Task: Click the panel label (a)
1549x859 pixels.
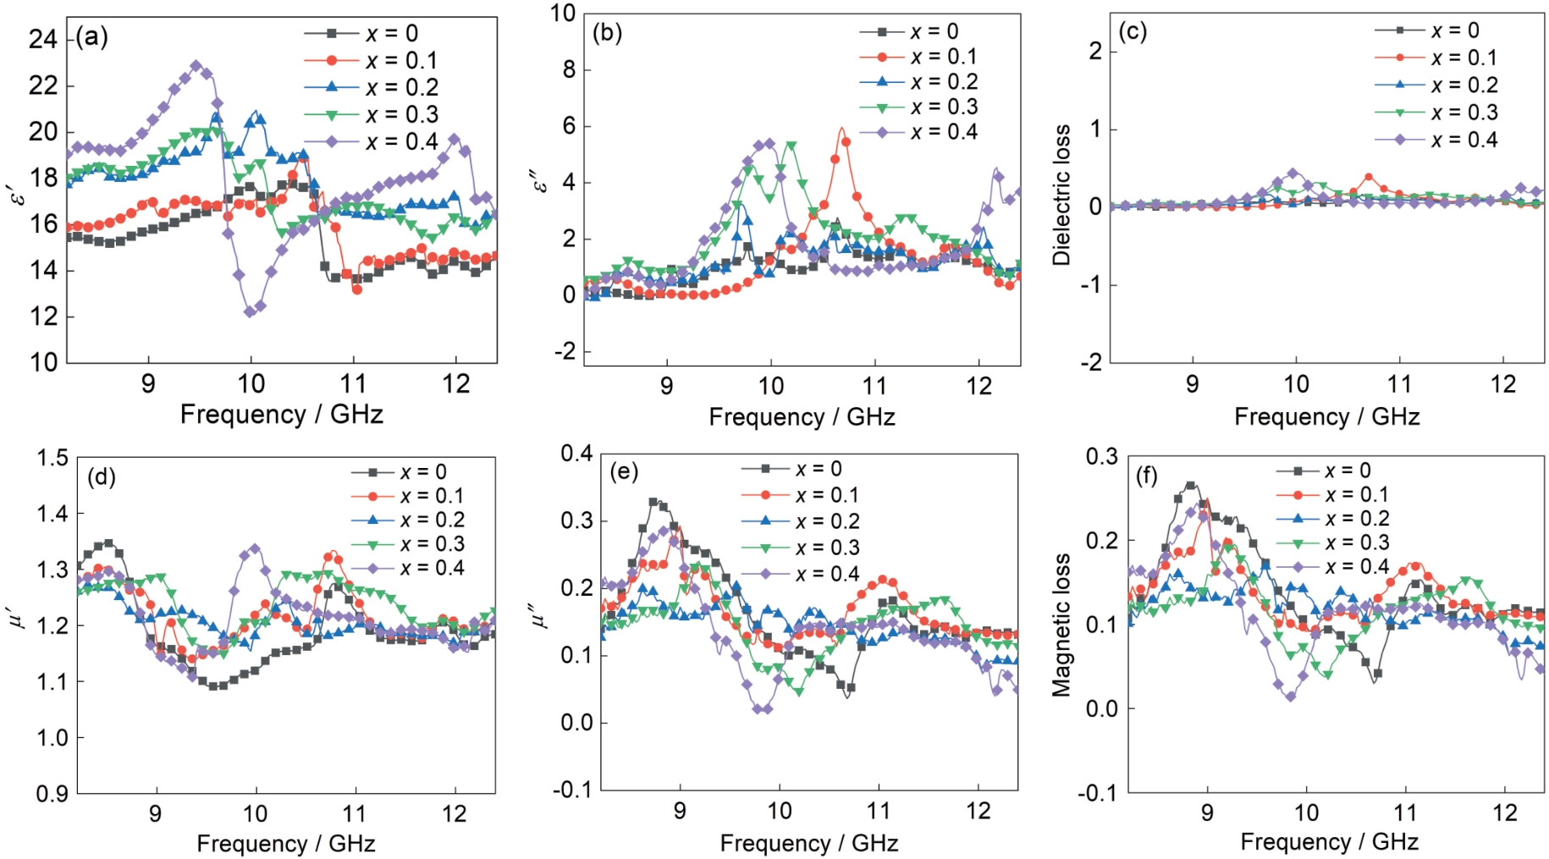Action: tap(91, 36)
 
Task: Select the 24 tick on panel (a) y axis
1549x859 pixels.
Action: tap(43, 39)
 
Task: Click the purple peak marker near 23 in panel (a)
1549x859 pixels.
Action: tap(196, 65)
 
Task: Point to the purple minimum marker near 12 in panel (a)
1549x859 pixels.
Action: tap(250, 311)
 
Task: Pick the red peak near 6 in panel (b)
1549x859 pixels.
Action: tap(841, 129)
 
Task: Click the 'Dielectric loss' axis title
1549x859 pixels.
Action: tap(1061, 195)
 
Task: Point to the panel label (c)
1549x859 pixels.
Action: tap(1133, 31)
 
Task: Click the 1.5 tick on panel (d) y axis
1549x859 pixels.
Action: tap(52, 458)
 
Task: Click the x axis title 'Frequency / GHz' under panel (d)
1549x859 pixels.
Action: tap(285, 843)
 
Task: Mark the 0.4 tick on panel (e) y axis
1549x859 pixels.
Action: tap(576, 454)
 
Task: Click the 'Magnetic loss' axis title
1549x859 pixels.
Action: tap(1061, 625)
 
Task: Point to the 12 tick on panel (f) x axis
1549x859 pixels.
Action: tap(1504, 812)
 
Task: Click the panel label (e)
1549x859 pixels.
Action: tap(624, 471)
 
